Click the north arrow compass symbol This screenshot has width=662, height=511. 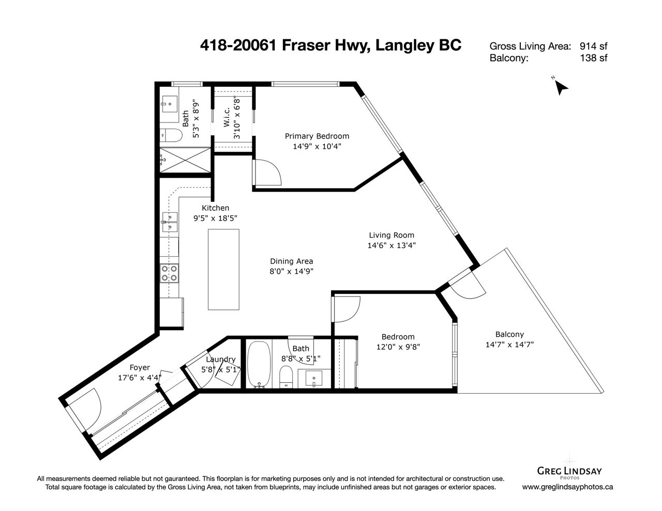tap(561, 88)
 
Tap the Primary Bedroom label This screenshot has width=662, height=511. tap(317, 136)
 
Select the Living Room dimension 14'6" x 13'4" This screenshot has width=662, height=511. tap(392, 245)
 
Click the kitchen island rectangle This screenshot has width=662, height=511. tap(223, 269)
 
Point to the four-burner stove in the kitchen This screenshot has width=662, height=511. tap(170, 273)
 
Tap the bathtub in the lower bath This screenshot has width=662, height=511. tap(259, 364)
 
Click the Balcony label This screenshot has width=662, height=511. tap(509, 334)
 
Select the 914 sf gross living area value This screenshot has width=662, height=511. tap(593, 46)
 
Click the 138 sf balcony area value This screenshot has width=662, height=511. tap(593, 58)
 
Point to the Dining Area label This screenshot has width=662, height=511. tap(292, 261)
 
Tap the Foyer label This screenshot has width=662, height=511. tap(140, 367)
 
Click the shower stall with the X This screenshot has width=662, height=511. tap(185, 160)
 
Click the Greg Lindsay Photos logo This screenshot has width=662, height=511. tap(569, 471)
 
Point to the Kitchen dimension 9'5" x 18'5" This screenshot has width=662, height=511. tap(215, 218)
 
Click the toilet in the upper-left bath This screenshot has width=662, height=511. tap(171, 135)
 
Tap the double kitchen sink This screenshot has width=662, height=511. tap(170, 222)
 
